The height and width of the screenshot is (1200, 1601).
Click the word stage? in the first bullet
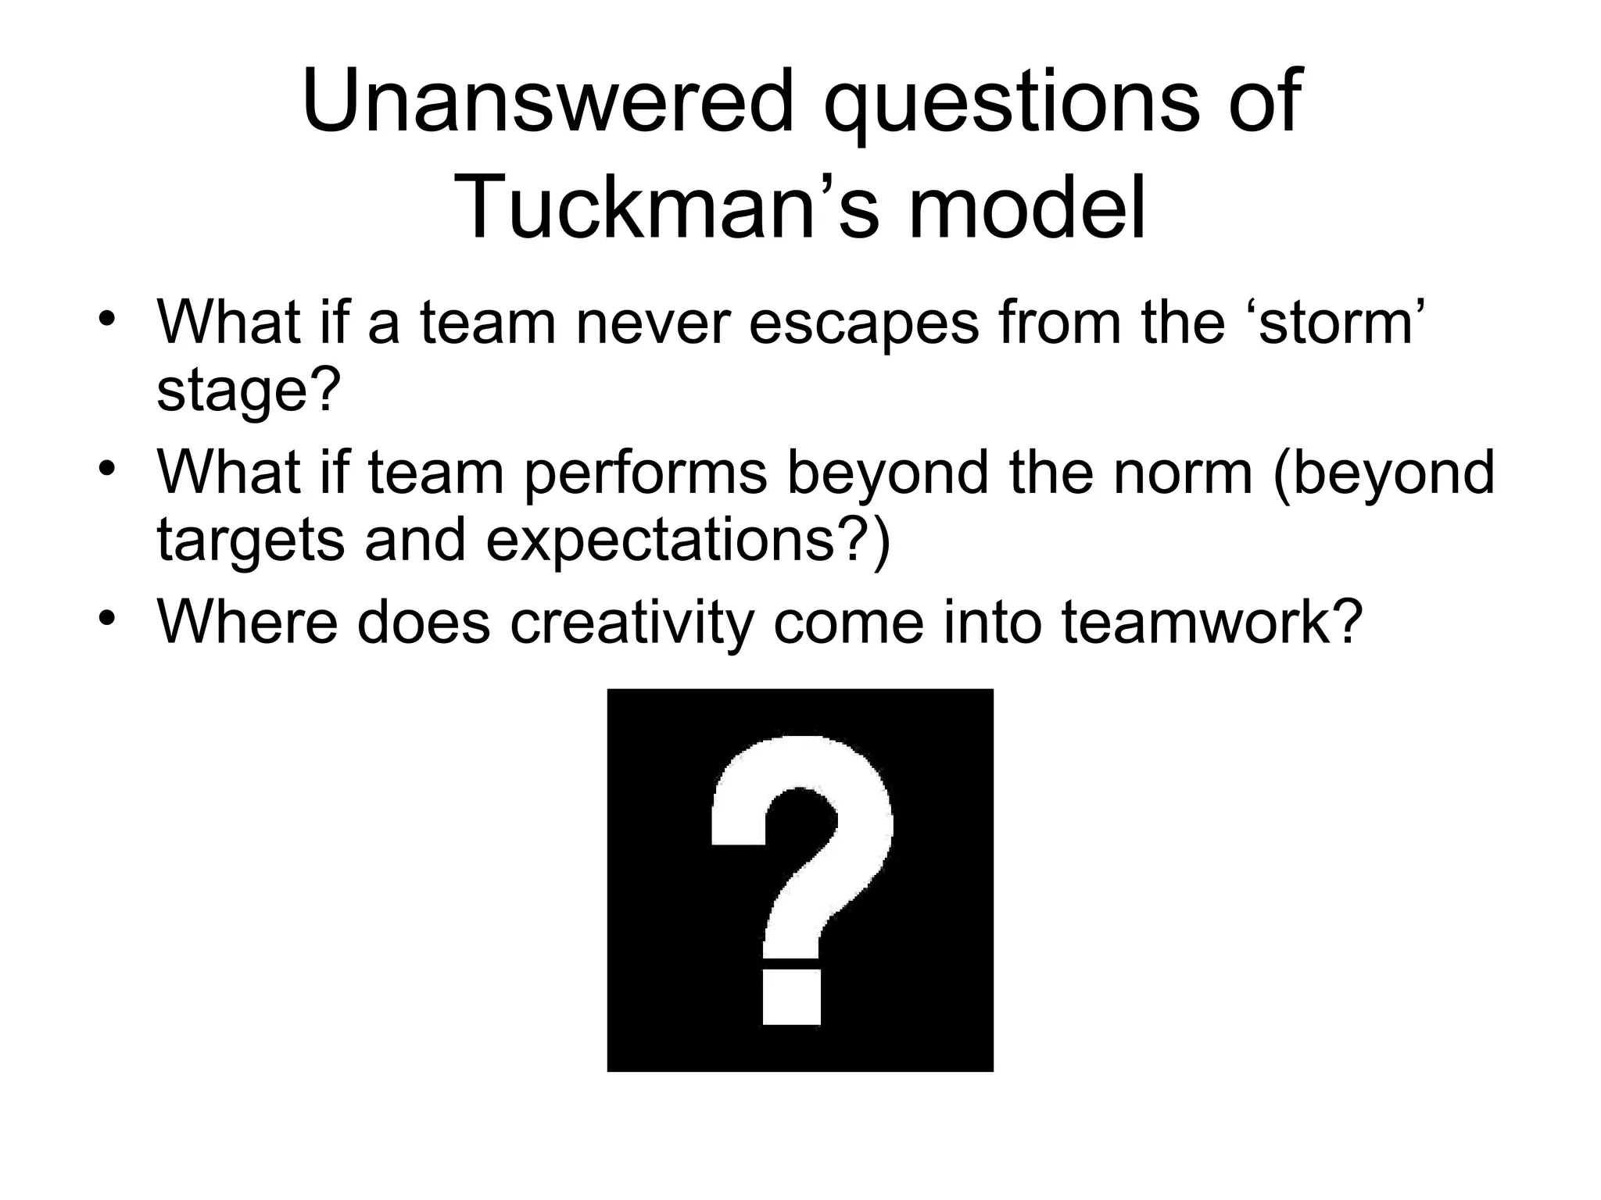249,391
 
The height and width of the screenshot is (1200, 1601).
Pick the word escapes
862,322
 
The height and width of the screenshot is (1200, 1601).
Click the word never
654,322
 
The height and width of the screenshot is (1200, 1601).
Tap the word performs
646,473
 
